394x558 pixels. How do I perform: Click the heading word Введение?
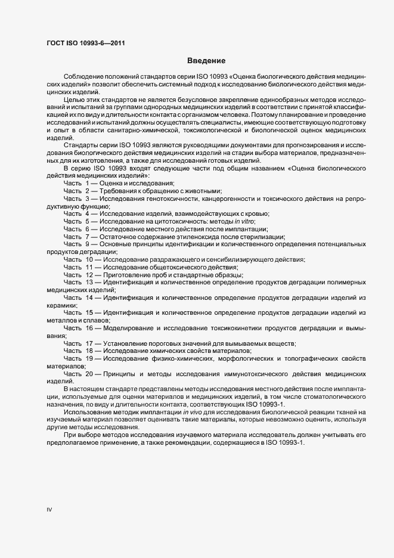(x=206, y=61)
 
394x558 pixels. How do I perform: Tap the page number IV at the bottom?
(x=49, y=510)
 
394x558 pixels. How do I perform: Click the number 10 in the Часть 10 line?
(x=89, y=259)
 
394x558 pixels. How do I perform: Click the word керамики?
(x=60, y=305)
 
